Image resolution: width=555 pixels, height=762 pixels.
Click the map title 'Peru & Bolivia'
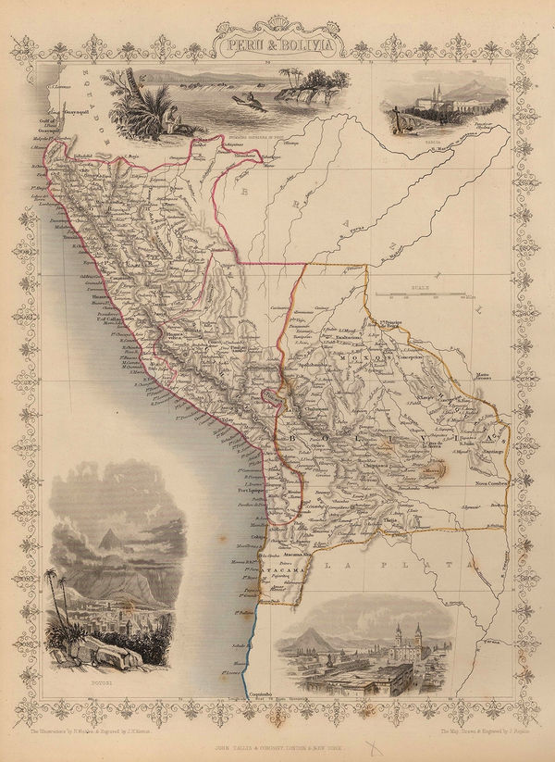pyautogui.click(x=277, y=43)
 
